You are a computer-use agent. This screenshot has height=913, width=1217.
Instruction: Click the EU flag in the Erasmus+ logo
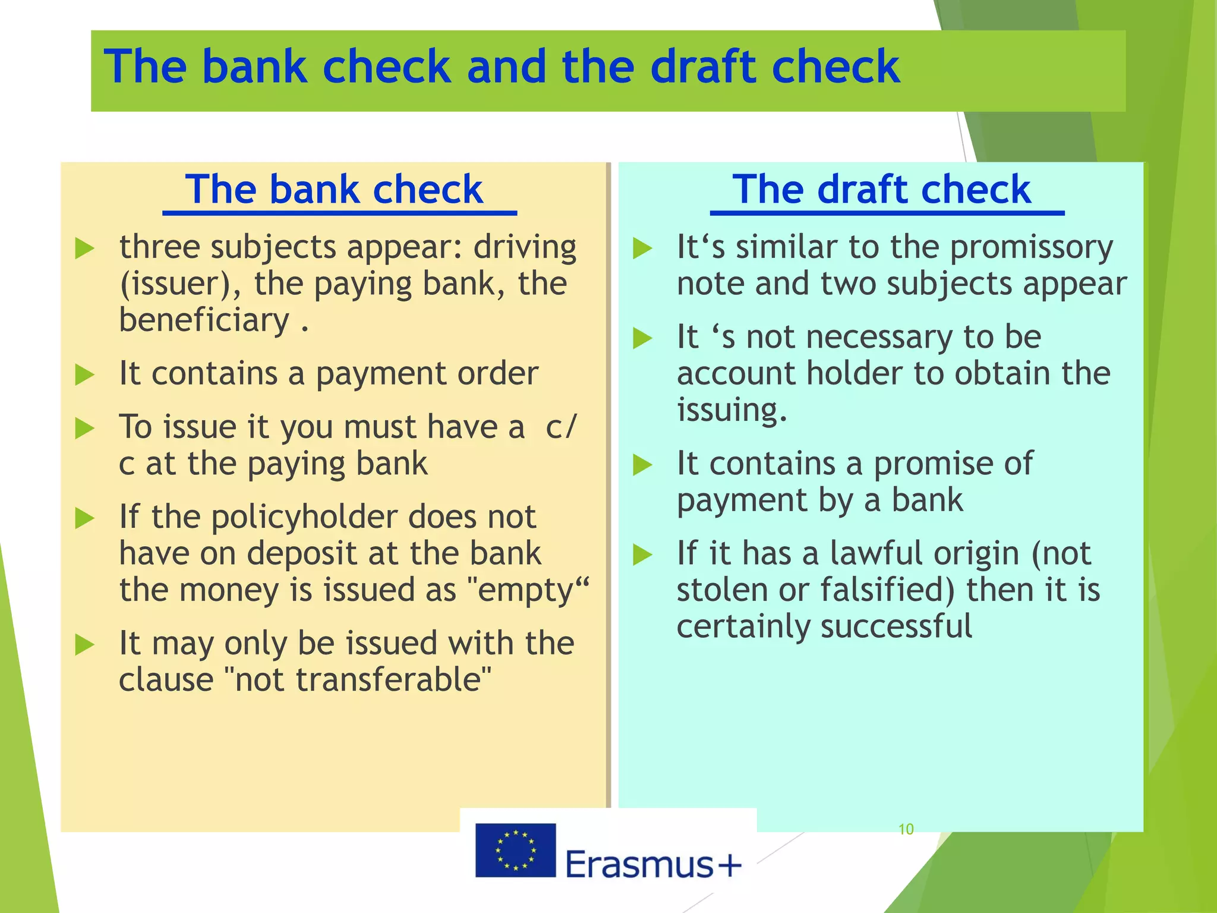tap(515, 850)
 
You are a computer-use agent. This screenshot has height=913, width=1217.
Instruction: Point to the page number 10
tap(906, 829)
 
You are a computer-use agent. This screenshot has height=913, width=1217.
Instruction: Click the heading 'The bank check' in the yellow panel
tap(334, 190)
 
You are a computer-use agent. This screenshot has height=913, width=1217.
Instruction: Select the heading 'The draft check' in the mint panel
tap(882, 190)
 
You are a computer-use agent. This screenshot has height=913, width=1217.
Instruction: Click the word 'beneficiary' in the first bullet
tap(204, 320)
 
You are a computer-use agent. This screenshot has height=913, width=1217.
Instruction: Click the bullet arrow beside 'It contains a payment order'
tap(85, 375)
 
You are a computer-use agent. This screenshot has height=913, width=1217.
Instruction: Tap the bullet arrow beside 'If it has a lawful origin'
tap(642, 555)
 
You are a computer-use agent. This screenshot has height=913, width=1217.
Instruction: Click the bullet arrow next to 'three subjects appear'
tap(85, 248)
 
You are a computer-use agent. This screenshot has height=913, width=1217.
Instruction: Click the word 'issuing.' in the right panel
tap(732, 410)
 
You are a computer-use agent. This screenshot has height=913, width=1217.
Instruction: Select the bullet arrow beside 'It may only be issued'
tap(85, 644)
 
